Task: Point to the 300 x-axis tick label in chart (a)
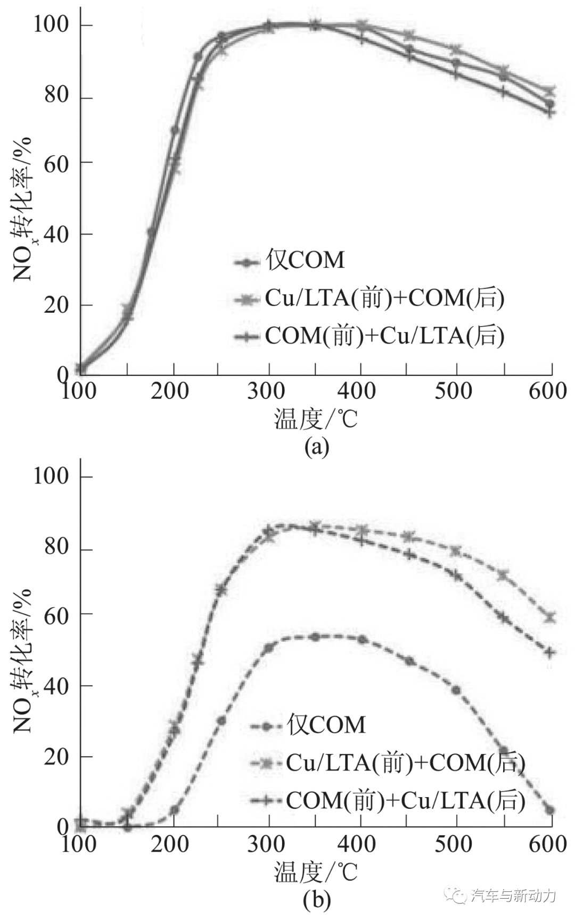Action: [x=267, y=391]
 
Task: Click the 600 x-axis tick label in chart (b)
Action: [x=548, y=844]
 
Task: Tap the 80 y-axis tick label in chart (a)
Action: [x=56, y=96]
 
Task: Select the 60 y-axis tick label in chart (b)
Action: [x=56, y=616]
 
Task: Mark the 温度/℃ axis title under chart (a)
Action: [x=316, y=419]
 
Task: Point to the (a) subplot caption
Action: [x=317, y=447]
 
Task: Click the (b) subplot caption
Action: [x=317, y=900]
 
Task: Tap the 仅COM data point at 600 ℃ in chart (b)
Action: [x=551, y=810]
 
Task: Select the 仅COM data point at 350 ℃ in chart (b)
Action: [x=315, y=637]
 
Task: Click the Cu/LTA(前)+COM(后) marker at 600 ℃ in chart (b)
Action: [x=551, y=618]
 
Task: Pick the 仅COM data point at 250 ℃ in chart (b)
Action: [x=221, y=721]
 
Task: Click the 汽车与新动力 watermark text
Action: [x=513, y=895]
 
